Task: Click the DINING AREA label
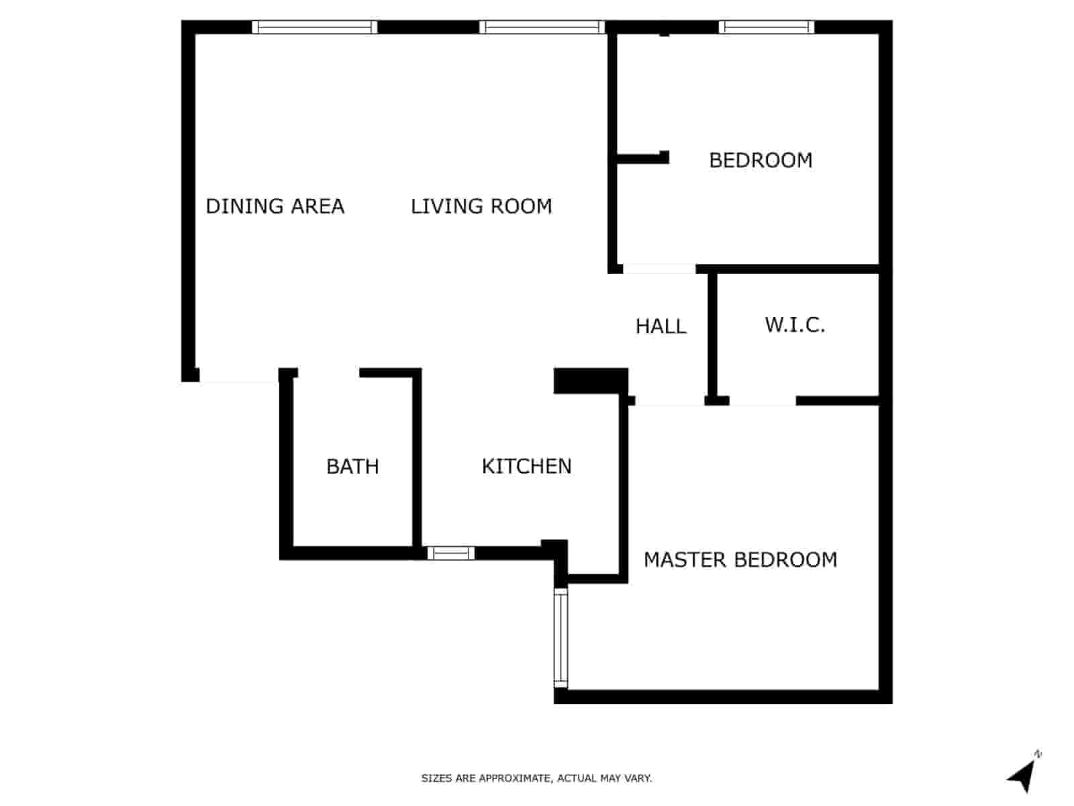tap(275, 206)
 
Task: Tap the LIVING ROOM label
tap(481, 206)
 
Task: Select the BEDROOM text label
tap(761, 161)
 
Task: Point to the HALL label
tap(661, 326)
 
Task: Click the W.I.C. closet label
tap(795, 325)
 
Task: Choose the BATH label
tap(352, 466)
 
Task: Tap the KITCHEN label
tap(527, 466)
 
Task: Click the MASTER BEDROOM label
tap(740, 559)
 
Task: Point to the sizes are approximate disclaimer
tap(536, 778)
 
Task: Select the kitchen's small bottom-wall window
tap(450, 553)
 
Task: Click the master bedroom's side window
tap(560, 637)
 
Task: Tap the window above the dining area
tap(315, 28)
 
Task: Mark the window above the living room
tap(542, 28)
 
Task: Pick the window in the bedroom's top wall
tap(766, 28)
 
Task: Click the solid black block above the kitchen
tap(590, 381)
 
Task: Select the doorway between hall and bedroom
tap(659, 269)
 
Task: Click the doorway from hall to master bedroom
tap(669, 401)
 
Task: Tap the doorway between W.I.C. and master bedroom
tap(763, 401)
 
